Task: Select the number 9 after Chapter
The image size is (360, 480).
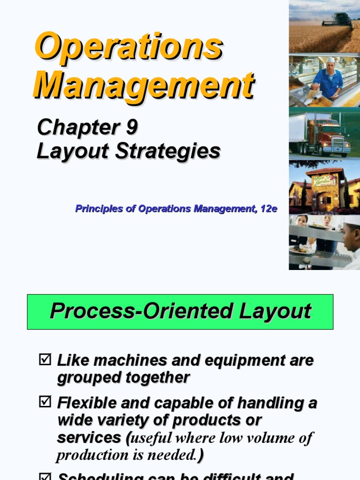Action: point(131,127)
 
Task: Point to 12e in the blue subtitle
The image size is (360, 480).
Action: point(269,209)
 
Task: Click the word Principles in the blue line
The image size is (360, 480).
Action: point(96,209)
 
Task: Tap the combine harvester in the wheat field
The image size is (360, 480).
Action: point(338,21)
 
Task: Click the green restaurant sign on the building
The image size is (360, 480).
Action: point(325,180)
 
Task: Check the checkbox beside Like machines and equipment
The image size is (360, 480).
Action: point(45,360)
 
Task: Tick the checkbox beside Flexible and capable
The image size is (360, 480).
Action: point(45,402)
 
